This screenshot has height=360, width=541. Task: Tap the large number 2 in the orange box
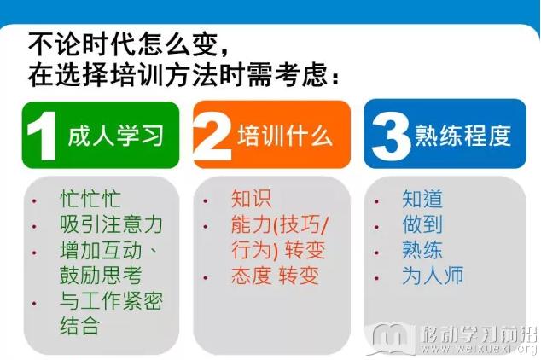(212, 136)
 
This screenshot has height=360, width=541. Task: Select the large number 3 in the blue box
(391, 136)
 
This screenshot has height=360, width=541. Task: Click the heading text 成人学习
(115, 136)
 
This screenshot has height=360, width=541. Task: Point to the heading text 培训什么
(285, 136)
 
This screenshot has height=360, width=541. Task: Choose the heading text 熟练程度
(462, 136)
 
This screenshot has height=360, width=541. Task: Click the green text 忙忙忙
(90, 199)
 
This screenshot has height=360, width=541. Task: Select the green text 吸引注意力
(111, 224)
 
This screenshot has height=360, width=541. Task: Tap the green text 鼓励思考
(101, 276)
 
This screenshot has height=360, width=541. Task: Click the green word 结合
(79, 326)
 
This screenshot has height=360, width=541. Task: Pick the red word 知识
(251, 199)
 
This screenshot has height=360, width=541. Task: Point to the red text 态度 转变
(275, 276)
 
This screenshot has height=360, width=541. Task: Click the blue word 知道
(422, 199)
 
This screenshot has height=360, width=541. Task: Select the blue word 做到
(422, 224)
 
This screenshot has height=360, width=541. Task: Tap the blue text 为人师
(433, 276)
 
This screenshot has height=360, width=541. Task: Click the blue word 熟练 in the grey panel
(422, 250)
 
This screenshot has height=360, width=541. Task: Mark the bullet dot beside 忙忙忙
(34, 200)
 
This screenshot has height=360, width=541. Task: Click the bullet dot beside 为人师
(377, 277)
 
